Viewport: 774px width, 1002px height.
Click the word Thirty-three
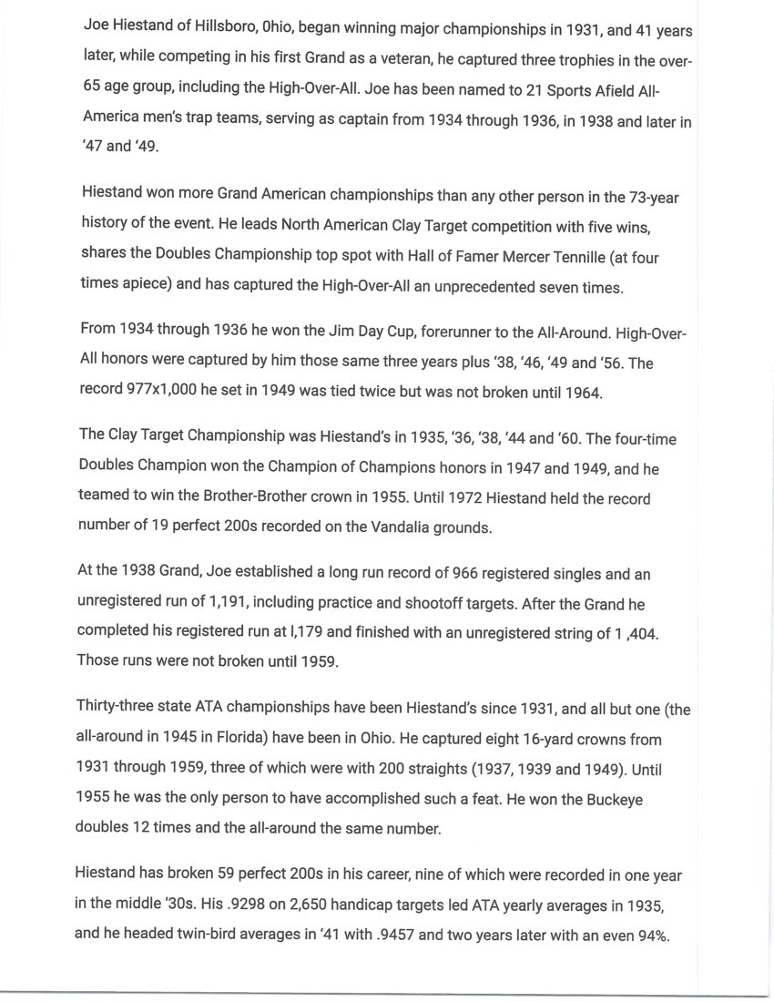[x=119, y=709]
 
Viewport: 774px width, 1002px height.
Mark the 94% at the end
[x=649, y=936]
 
